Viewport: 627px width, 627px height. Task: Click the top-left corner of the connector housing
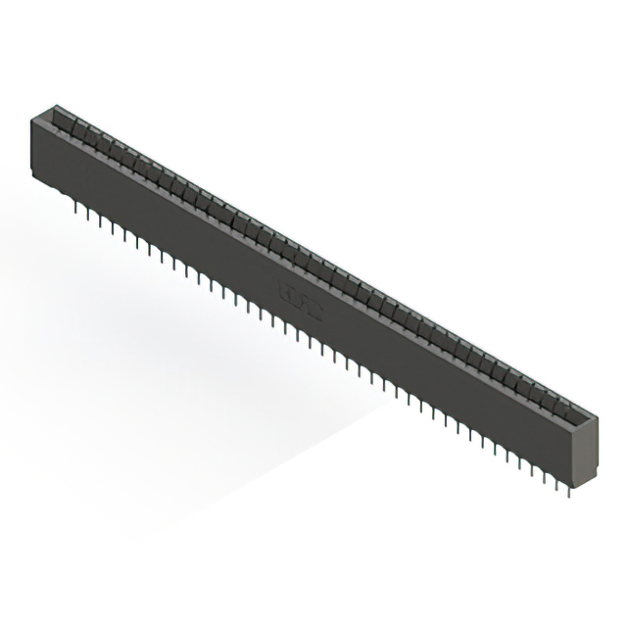click(x=33, y=117)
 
